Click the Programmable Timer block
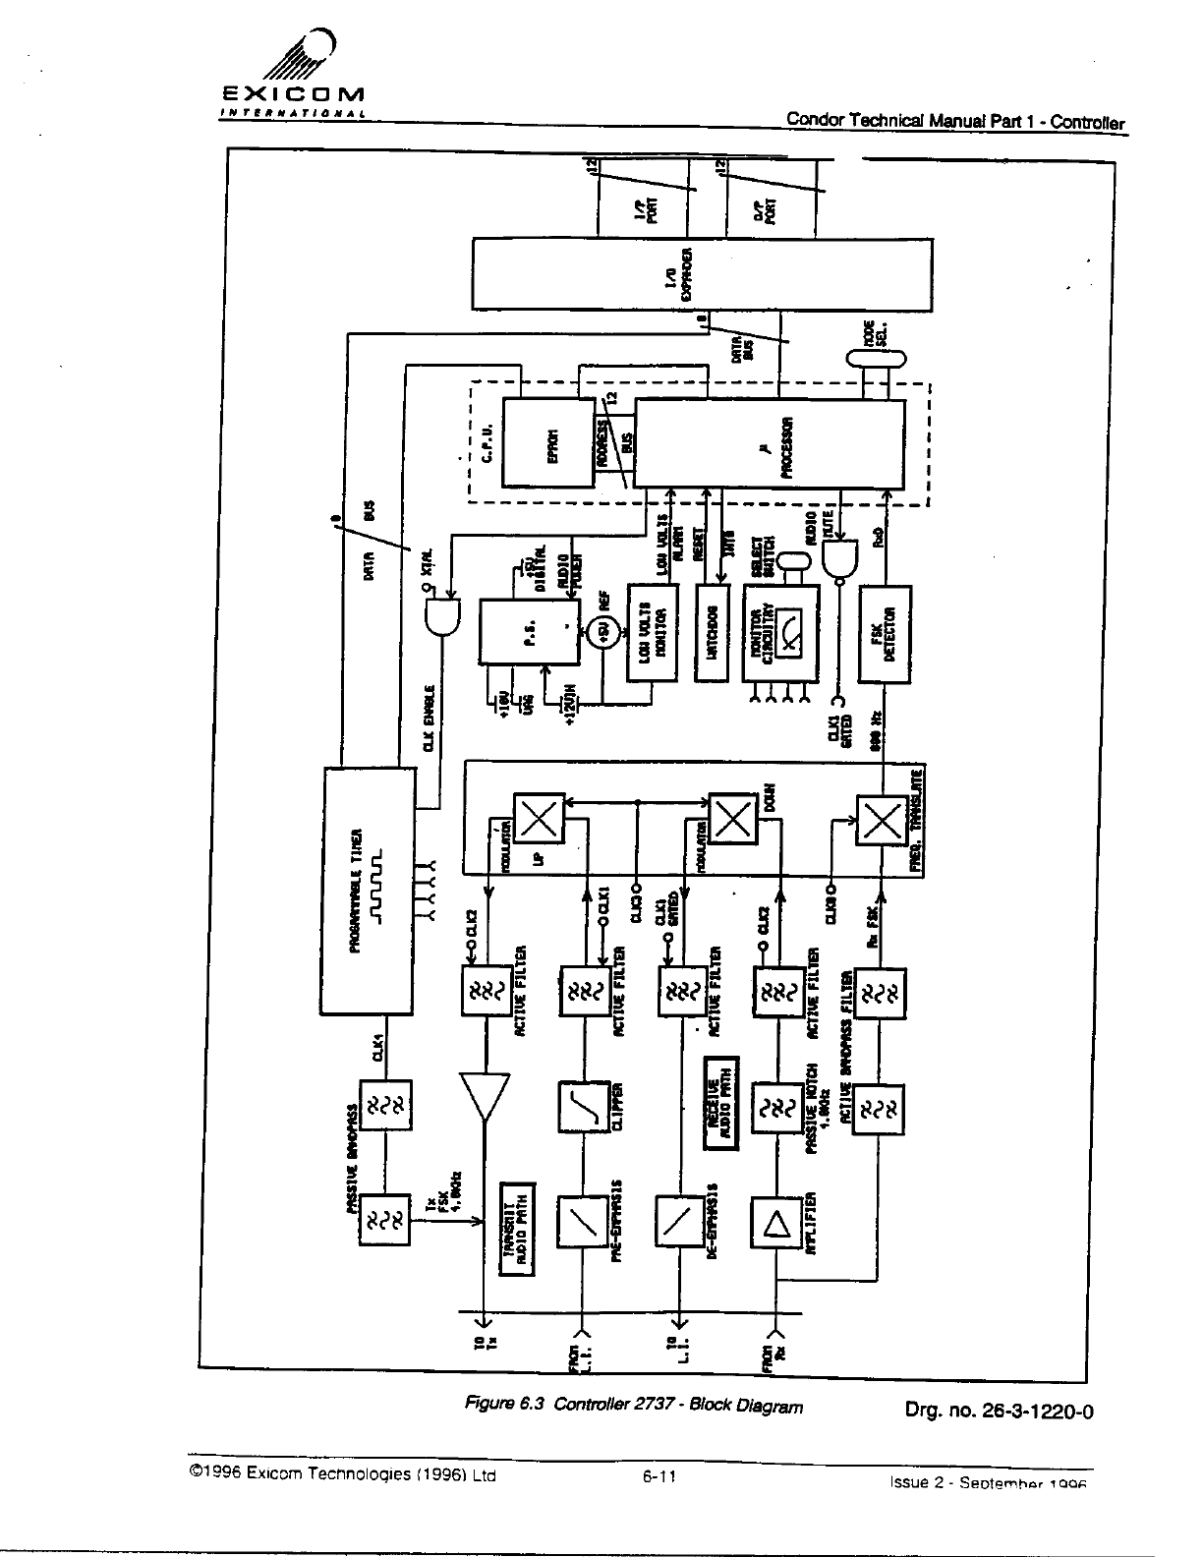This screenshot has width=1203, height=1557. point(369,890)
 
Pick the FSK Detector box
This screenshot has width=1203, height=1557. point(885,633)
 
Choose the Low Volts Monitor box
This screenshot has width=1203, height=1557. point(653,633)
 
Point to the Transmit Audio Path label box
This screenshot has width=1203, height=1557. point(517,1229)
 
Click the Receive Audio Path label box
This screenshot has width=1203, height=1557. point(722,1103)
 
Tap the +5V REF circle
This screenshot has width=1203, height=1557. point(601,635)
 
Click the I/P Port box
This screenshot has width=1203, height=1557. point(642,207)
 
